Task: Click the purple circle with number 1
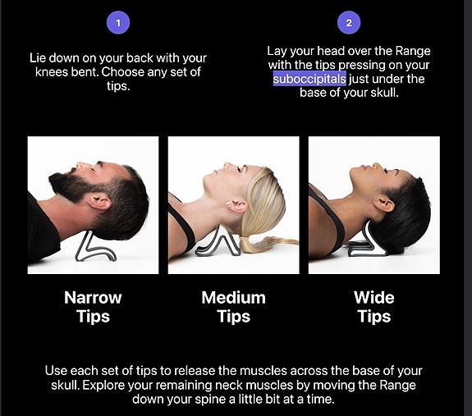tap(118, 22)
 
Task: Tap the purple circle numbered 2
tap(349, 22)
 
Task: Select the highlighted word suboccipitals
tap(309, 79)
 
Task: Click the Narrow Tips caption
tap(93, 307)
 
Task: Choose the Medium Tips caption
tap(234, 307)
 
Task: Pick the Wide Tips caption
tap(374, 307)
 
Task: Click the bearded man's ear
tap(99, 202)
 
